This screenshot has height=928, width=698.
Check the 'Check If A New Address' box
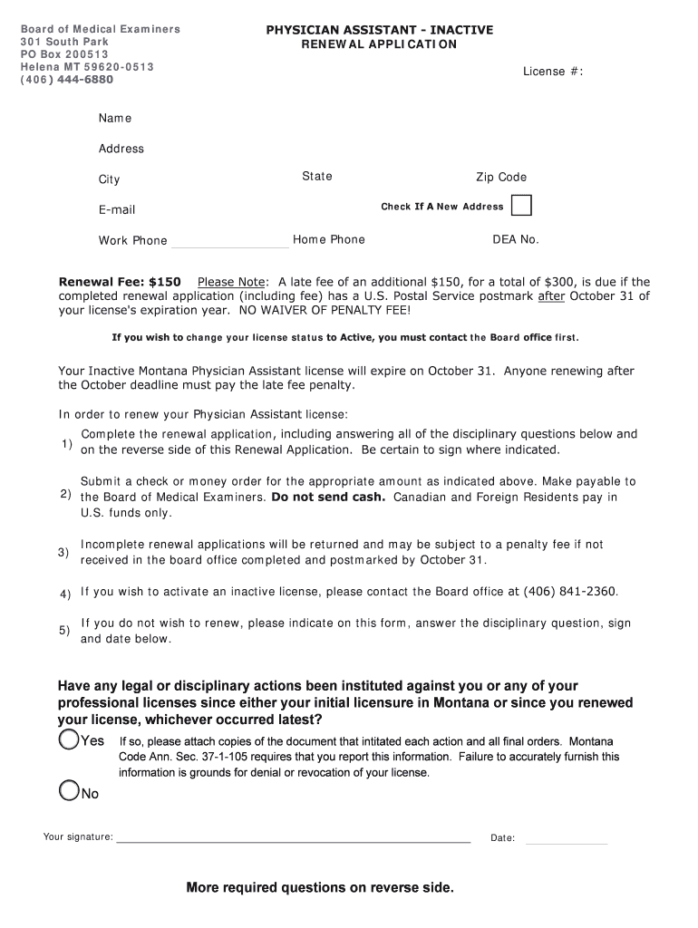point(521,206)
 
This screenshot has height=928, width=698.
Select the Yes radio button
point(69,740)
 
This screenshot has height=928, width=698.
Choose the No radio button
point(69,791)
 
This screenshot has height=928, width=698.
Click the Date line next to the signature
point(566,840)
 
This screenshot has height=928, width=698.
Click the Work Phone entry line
point(229,243)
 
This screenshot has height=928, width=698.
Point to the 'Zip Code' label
point(501,178)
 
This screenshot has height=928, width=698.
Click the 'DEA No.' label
point(515,240)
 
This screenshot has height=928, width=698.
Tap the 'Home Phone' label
point(329,240)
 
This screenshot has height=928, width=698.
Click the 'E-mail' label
point(117,210)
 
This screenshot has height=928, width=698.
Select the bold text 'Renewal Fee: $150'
point(120,282)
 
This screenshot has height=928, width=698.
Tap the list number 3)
point(63,552)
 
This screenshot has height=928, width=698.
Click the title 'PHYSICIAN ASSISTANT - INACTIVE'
point(379,30)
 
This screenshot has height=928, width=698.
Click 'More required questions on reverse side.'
point(319,887)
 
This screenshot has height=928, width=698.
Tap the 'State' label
point(317,177)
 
